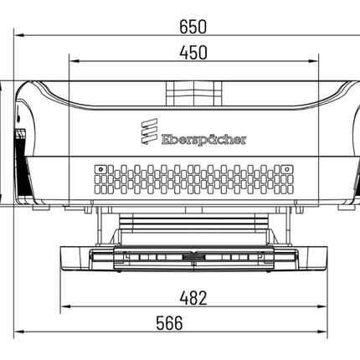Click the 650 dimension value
193,27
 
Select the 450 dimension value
193,53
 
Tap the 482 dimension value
193,298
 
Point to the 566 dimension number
169,323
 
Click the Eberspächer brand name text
203,140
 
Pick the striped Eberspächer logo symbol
149,131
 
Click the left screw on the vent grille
100,169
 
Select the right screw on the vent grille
286,169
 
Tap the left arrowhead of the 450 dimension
75,61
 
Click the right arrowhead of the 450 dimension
313,61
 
